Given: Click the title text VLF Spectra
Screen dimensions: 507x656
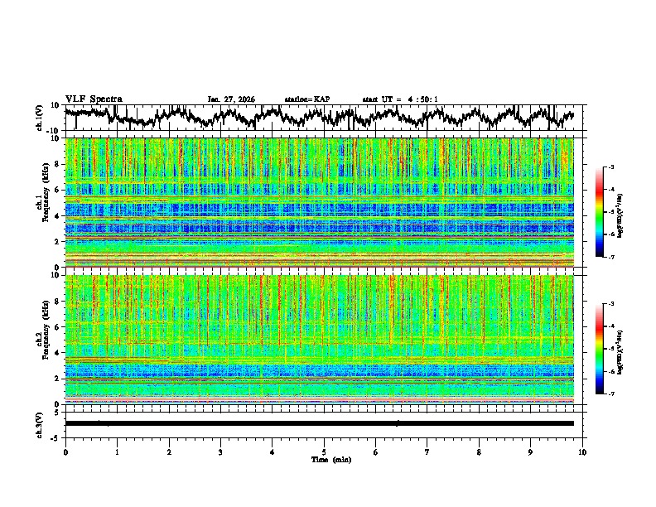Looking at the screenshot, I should [x=94, y=99].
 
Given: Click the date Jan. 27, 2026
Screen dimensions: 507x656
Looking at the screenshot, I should [x=231, y=99].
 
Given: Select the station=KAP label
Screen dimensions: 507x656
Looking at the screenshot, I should [x=306, y=99].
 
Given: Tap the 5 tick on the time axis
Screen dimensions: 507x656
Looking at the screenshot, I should [x=324, y=451].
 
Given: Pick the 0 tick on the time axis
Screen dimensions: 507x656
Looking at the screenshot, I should [x=65, y=451].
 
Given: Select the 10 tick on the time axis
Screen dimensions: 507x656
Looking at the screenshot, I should [x=582, y=451].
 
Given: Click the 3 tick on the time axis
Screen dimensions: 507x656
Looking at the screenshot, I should [x=220, y=451].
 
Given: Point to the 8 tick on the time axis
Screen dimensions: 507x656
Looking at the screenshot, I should [x=479, y=451].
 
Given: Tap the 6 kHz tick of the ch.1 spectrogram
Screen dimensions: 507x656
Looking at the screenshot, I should [x=57, y=190].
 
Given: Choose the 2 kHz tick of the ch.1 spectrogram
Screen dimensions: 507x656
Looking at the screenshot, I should [x=57, y=241].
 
